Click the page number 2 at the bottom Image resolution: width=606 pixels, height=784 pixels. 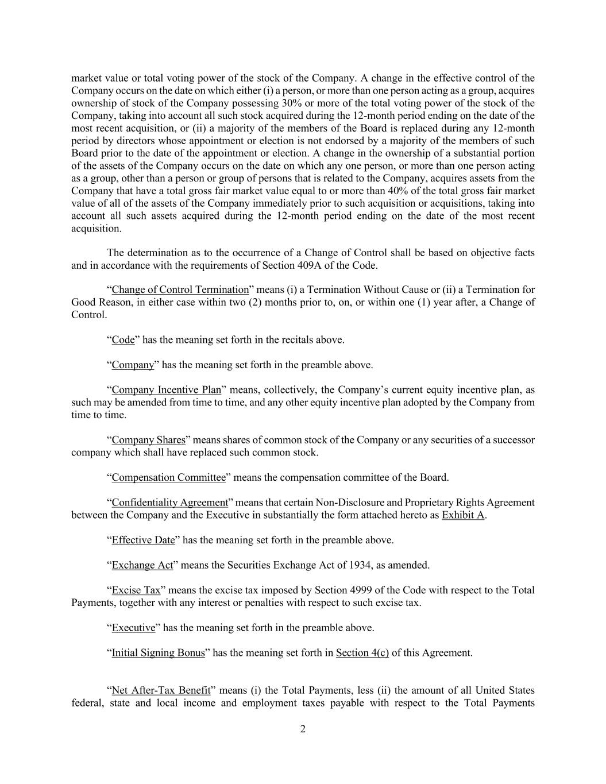tap(303, 729)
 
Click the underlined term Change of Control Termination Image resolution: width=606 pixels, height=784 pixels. tap(180, 289)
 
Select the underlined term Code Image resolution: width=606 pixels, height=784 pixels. tap(123, 339)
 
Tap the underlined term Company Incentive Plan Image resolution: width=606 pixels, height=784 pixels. tap(166, 390)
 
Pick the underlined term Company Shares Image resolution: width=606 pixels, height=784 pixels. tap(148, 440)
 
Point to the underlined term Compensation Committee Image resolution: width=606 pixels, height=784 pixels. tap(168, 477)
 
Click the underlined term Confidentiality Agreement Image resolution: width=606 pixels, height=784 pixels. tap(169, 503)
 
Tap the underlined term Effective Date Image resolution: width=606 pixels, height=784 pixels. tap(143, 540)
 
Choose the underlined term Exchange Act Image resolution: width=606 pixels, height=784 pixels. tap(142, 565)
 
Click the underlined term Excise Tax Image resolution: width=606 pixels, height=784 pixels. tap(136, 590)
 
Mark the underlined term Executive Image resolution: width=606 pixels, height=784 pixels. tap(133, 628)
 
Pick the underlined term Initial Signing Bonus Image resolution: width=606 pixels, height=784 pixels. tap(158, 653)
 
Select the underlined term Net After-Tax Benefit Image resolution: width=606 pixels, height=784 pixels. tap(161, 690)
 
